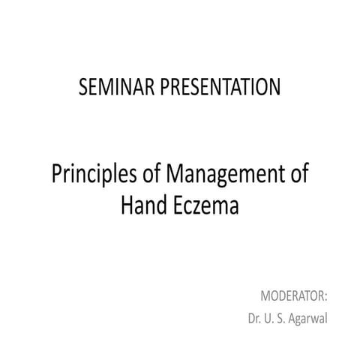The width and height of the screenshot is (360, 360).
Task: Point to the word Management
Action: point(225,176)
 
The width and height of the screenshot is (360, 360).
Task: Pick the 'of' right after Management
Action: point(300,175)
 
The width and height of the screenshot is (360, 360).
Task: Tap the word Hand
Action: point(142,203)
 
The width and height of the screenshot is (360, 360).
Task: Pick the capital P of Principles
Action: point(56,175)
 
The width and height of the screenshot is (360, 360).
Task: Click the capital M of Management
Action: point(174,175)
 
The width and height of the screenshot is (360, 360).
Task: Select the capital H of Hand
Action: point(126,203)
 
